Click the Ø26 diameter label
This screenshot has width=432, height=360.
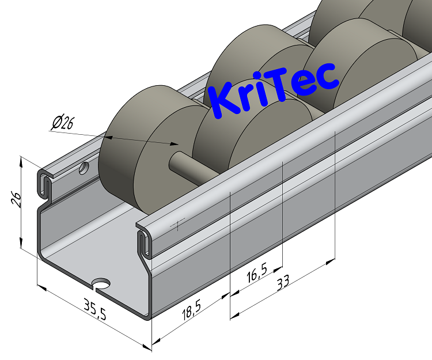62,123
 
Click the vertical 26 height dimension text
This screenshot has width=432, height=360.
17,200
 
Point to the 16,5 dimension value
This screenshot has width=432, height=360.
256,275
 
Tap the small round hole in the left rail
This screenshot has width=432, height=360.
85,169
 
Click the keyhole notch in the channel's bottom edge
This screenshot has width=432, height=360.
103,284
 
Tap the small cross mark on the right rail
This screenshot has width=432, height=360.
179,225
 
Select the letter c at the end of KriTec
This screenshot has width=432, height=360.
326,79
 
